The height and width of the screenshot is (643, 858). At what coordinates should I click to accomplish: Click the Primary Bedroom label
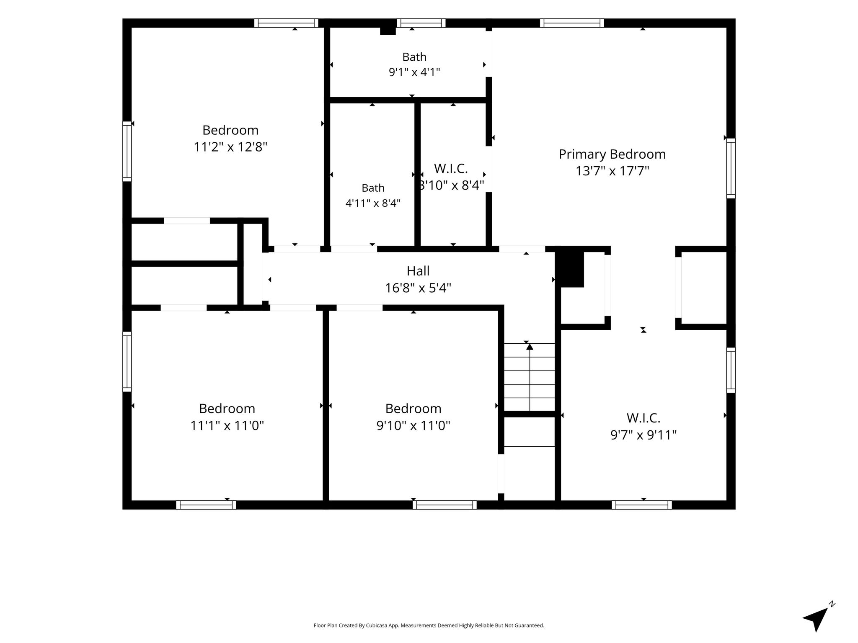tap(612, 154)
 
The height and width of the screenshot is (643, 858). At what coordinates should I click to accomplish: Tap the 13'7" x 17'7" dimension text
tap(612, 171)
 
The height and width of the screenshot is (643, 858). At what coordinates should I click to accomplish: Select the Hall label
tap(418, 271)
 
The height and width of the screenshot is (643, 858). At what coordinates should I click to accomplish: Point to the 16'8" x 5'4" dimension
tap(418, 288)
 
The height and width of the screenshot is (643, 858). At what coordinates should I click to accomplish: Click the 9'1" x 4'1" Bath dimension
tap(414, 72)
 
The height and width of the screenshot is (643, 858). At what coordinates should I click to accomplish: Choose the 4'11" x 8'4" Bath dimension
tap(373, 203)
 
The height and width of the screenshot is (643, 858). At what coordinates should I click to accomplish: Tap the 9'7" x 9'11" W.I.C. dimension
tap(643, 435)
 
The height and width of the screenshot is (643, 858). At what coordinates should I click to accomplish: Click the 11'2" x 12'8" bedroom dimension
tap(230, 147)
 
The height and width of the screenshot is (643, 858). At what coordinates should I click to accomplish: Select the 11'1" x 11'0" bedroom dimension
tap(227, 425)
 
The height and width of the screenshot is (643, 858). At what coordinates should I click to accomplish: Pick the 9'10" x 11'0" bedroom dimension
tap(413, 425)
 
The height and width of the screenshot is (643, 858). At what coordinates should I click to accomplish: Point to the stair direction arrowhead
tap(530, 347)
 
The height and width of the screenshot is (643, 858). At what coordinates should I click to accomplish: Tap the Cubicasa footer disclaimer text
tap(429, 625)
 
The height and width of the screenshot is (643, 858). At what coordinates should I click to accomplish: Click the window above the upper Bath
tap(421, 23)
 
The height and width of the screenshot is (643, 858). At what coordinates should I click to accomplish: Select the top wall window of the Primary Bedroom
tap(572, 23)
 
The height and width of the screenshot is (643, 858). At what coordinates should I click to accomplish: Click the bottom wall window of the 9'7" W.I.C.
tap(642, 505)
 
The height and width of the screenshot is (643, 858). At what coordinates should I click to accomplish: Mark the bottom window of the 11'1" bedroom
tap(206, 505)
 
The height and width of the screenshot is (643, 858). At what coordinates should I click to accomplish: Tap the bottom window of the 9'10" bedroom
tap(445, 505)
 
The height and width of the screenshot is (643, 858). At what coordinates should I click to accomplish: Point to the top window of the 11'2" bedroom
tap(286, 23)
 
